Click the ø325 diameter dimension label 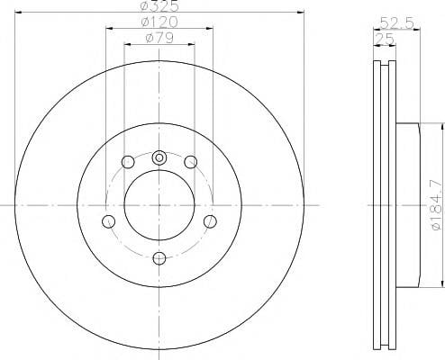159,5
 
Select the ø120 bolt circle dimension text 159,22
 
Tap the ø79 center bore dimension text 159,38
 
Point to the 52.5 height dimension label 397,22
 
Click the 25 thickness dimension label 385,39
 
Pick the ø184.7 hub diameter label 437,205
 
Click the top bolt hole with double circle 159,157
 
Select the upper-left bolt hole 128,162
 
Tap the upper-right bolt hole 191,162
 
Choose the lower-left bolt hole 108,221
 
